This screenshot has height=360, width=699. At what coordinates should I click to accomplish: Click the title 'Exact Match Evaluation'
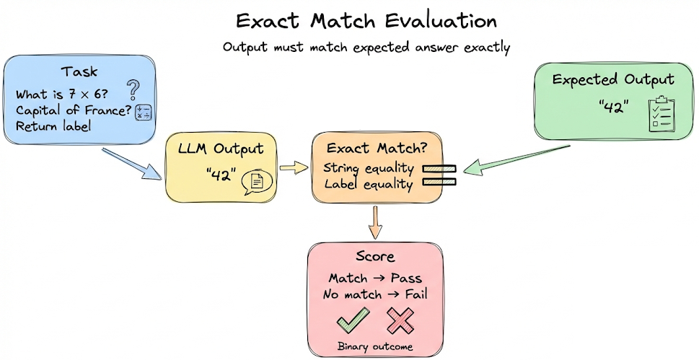coord(366,20)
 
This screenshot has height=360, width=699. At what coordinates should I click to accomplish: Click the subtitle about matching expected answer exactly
coord(366,48)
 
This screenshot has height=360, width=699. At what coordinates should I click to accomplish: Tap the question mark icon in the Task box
coord(133,90)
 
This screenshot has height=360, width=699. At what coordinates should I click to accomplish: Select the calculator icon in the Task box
coord(143,113)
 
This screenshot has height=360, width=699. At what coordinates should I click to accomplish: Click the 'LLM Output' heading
coord(220,150)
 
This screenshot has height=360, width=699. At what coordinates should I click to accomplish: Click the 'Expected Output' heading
coord(613,80)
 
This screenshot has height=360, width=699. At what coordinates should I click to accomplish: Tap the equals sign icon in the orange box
coord(439,176)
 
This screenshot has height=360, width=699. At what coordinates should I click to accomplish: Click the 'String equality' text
coord(368,169)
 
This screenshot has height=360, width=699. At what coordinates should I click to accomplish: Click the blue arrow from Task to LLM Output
coord(133,164)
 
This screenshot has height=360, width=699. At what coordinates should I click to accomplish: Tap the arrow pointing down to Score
coord(374,221)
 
